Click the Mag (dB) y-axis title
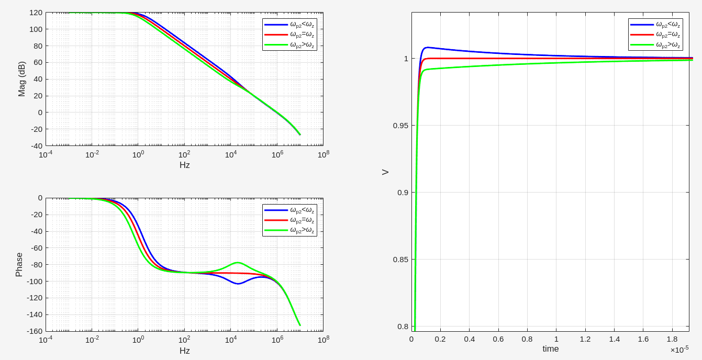21,79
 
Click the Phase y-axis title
19,265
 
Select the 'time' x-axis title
550,348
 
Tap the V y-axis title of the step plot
385,172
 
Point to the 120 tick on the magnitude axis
36,13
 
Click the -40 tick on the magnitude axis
36,145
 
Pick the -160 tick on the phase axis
35,331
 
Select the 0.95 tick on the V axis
400,126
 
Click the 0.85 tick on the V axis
400,260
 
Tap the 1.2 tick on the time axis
585,339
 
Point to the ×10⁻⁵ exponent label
679,349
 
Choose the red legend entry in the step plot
655,35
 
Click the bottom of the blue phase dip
238,284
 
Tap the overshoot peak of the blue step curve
427,48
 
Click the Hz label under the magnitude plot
184,165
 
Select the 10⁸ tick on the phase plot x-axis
323,340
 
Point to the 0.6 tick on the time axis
498,339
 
